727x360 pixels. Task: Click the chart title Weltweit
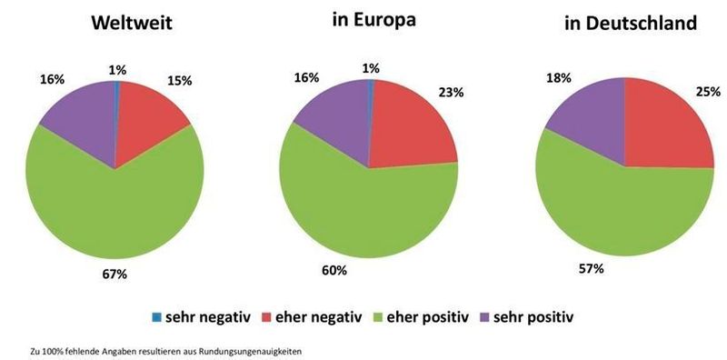pos(137,25)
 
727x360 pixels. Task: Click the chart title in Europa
pos(373,20)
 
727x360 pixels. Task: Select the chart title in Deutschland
pos(631,25)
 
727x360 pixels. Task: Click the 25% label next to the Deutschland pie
pos(709,91)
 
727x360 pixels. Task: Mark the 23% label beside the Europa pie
pos(452,91)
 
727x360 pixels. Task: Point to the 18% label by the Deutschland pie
pos(558,77)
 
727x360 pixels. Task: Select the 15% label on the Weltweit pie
pos(179,80)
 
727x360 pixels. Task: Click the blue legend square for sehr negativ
pos(156,317)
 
